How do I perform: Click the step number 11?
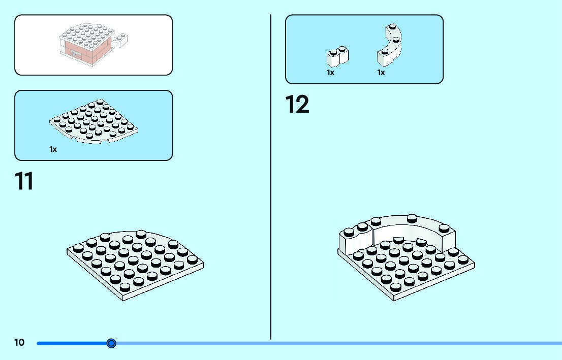[24, 181]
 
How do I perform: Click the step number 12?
[297, 105]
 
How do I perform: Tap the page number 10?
[19, 343]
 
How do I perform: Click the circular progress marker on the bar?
[112, 343]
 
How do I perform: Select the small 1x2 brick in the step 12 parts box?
[337, 56]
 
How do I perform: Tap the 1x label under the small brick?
[331, 73]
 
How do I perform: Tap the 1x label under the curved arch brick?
[381, 73]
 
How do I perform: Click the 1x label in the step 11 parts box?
[53, 149]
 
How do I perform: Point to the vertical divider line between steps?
[271, 178]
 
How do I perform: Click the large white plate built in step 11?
[135, 264]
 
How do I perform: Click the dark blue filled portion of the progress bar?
[71, 343]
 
